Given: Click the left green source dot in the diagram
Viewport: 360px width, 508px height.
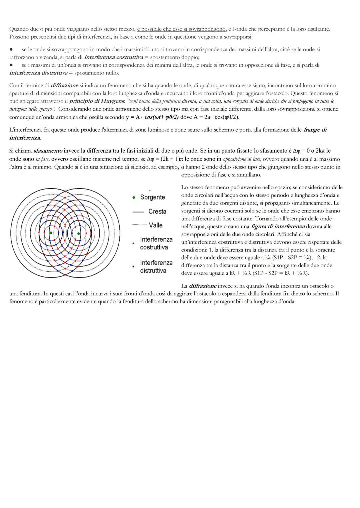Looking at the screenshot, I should [51, 233].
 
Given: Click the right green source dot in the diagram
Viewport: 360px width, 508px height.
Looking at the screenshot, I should [79, 233].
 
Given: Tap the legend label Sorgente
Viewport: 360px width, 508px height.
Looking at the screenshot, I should [152, 197].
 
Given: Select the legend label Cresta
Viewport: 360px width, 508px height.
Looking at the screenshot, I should [157, 212].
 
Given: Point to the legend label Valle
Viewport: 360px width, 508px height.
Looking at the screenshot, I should [156, 225].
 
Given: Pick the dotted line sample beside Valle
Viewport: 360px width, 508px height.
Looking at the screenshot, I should [139, 225].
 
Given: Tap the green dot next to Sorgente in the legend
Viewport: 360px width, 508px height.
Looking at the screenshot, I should [134, 198].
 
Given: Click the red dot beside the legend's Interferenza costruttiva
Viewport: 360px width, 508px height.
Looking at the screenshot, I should [133, 244].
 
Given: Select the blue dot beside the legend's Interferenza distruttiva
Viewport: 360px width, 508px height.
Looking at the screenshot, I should [133, 266].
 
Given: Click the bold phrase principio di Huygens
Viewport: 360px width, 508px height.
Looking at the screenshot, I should [96, 101].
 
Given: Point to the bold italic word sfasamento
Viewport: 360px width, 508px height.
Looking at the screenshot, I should [48, 151].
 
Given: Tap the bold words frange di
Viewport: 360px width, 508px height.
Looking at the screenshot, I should [315, 130].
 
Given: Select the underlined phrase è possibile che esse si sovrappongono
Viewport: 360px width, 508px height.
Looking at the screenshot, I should [181, 29].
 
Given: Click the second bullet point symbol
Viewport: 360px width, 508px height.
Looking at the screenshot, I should [11, 65].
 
